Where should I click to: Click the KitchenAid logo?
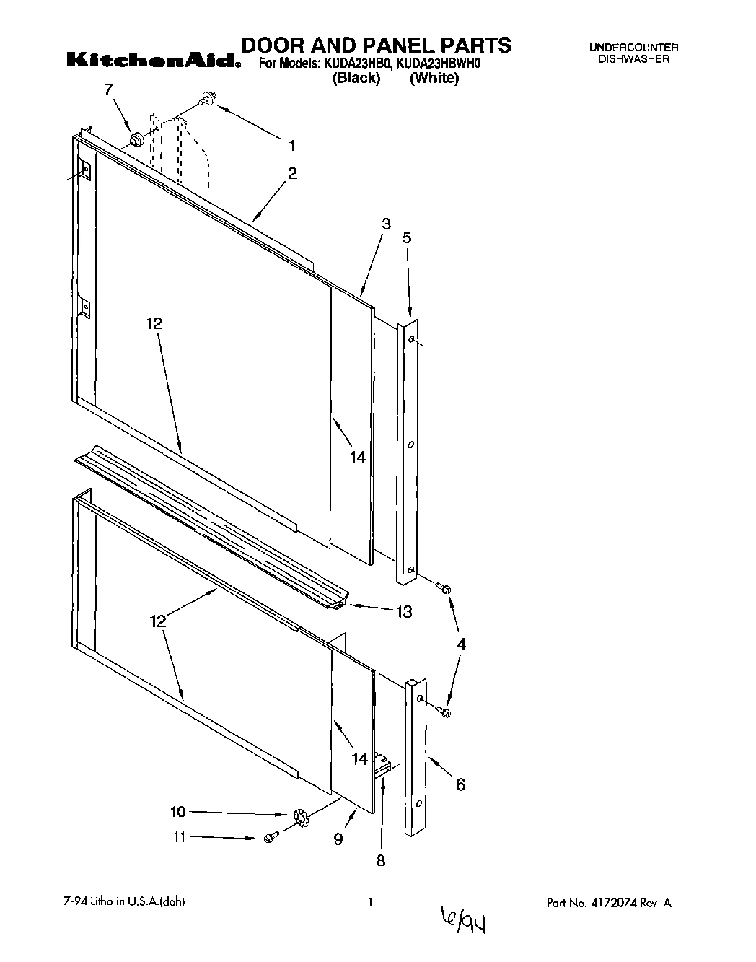153,61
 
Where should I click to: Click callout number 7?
109,90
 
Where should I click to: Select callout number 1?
292,146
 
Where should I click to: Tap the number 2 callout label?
292,173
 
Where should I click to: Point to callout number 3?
386,224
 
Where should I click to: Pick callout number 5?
407,237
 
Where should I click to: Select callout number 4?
461,644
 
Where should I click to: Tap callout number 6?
460,784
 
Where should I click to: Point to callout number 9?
338,839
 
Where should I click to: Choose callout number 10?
178,813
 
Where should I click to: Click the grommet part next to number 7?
135,139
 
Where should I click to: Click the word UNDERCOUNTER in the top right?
634,48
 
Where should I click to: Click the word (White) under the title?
434,79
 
